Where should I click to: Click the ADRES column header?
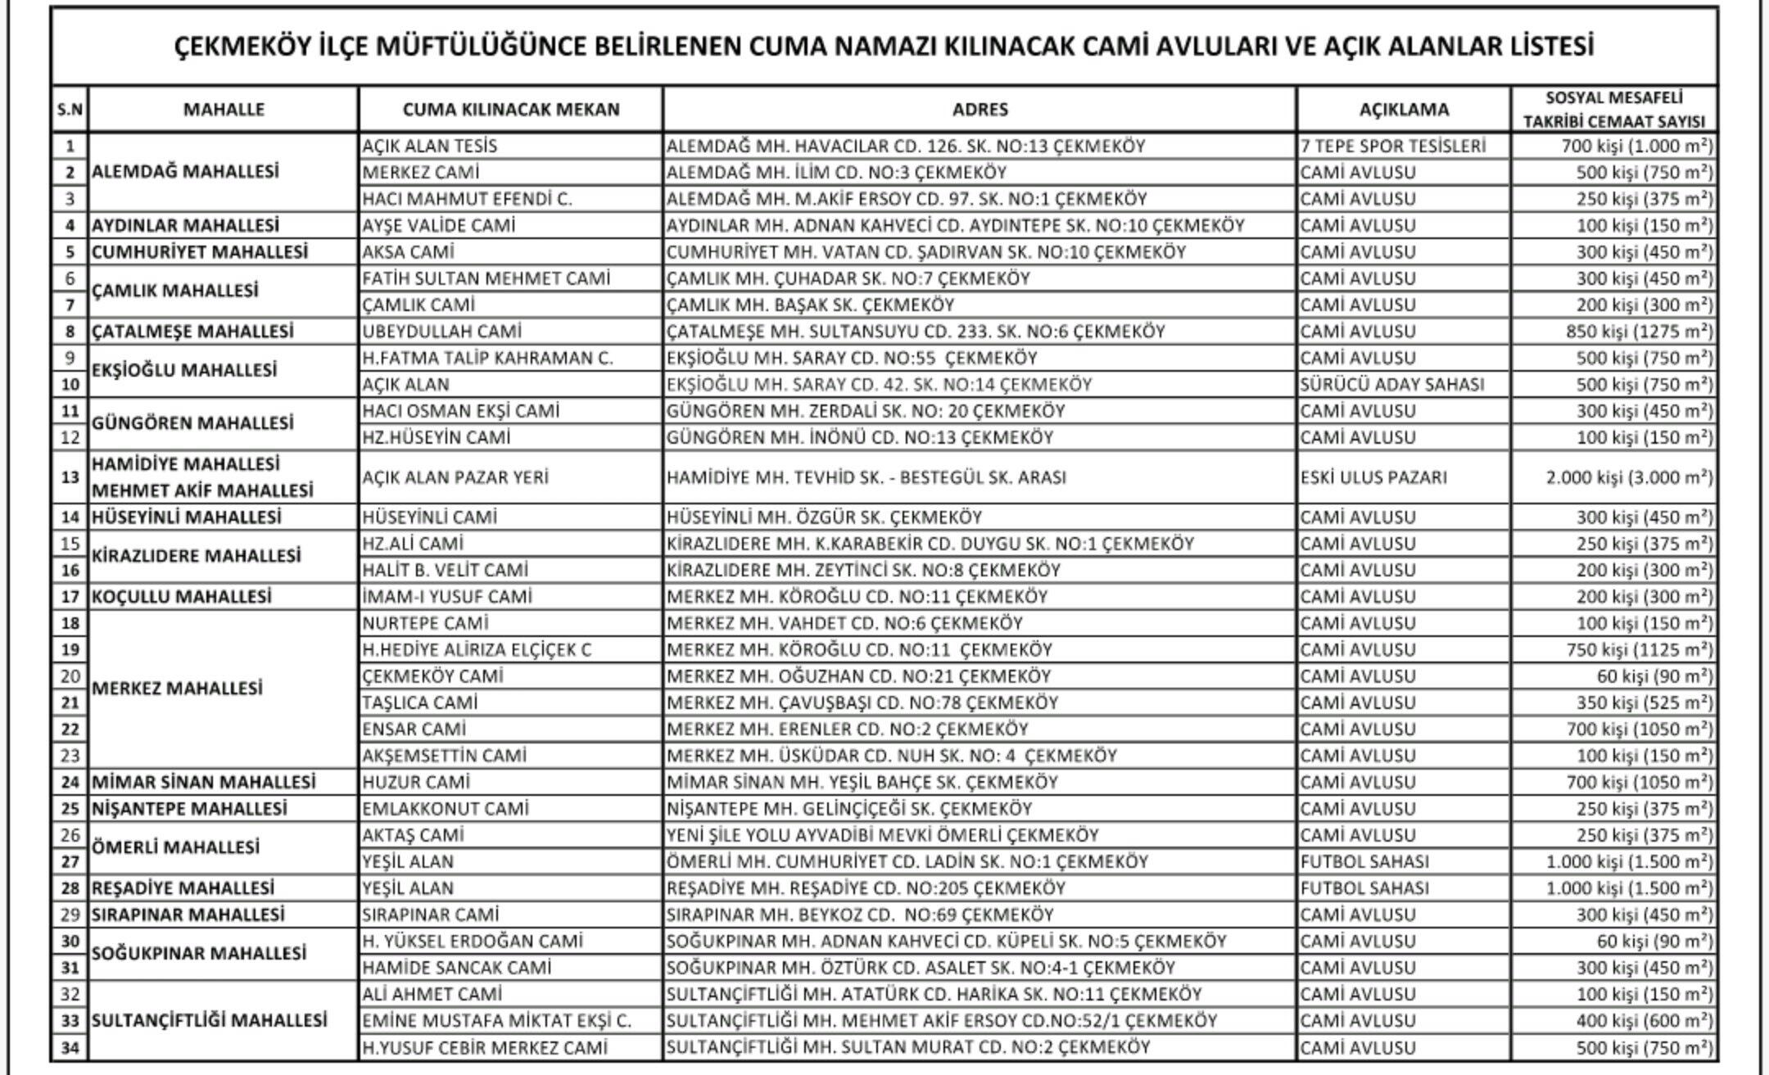click(980, 110)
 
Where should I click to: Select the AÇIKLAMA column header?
click(1404, 110)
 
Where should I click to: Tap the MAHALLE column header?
click(224, 110)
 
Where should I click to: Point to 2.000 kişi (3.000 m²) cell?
click(1629, 477)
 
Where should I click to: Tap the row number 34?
click(70, 1048)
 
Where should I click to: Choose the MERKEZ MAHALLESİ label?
click(177, 689)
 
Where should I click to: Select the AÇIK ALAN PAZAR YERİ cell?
click(455, 477)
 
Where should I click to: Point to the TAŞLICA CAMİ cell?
click(420, 703)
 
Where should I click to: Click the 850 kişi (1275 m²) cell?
click(1634, 332)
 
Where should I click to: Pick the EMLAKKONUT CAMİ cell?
click(446, 809)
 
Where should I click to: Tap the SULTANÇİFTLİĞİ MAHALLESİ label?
click(209, 1021)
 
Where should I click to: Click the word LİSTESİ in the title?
click(1550, 47)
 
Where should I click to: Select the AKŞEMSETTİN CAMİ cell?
click(444, 756)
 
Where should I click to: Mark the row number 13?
click(70, 477)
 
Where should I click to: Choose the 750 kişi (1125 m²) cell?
click(1634, 650)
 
